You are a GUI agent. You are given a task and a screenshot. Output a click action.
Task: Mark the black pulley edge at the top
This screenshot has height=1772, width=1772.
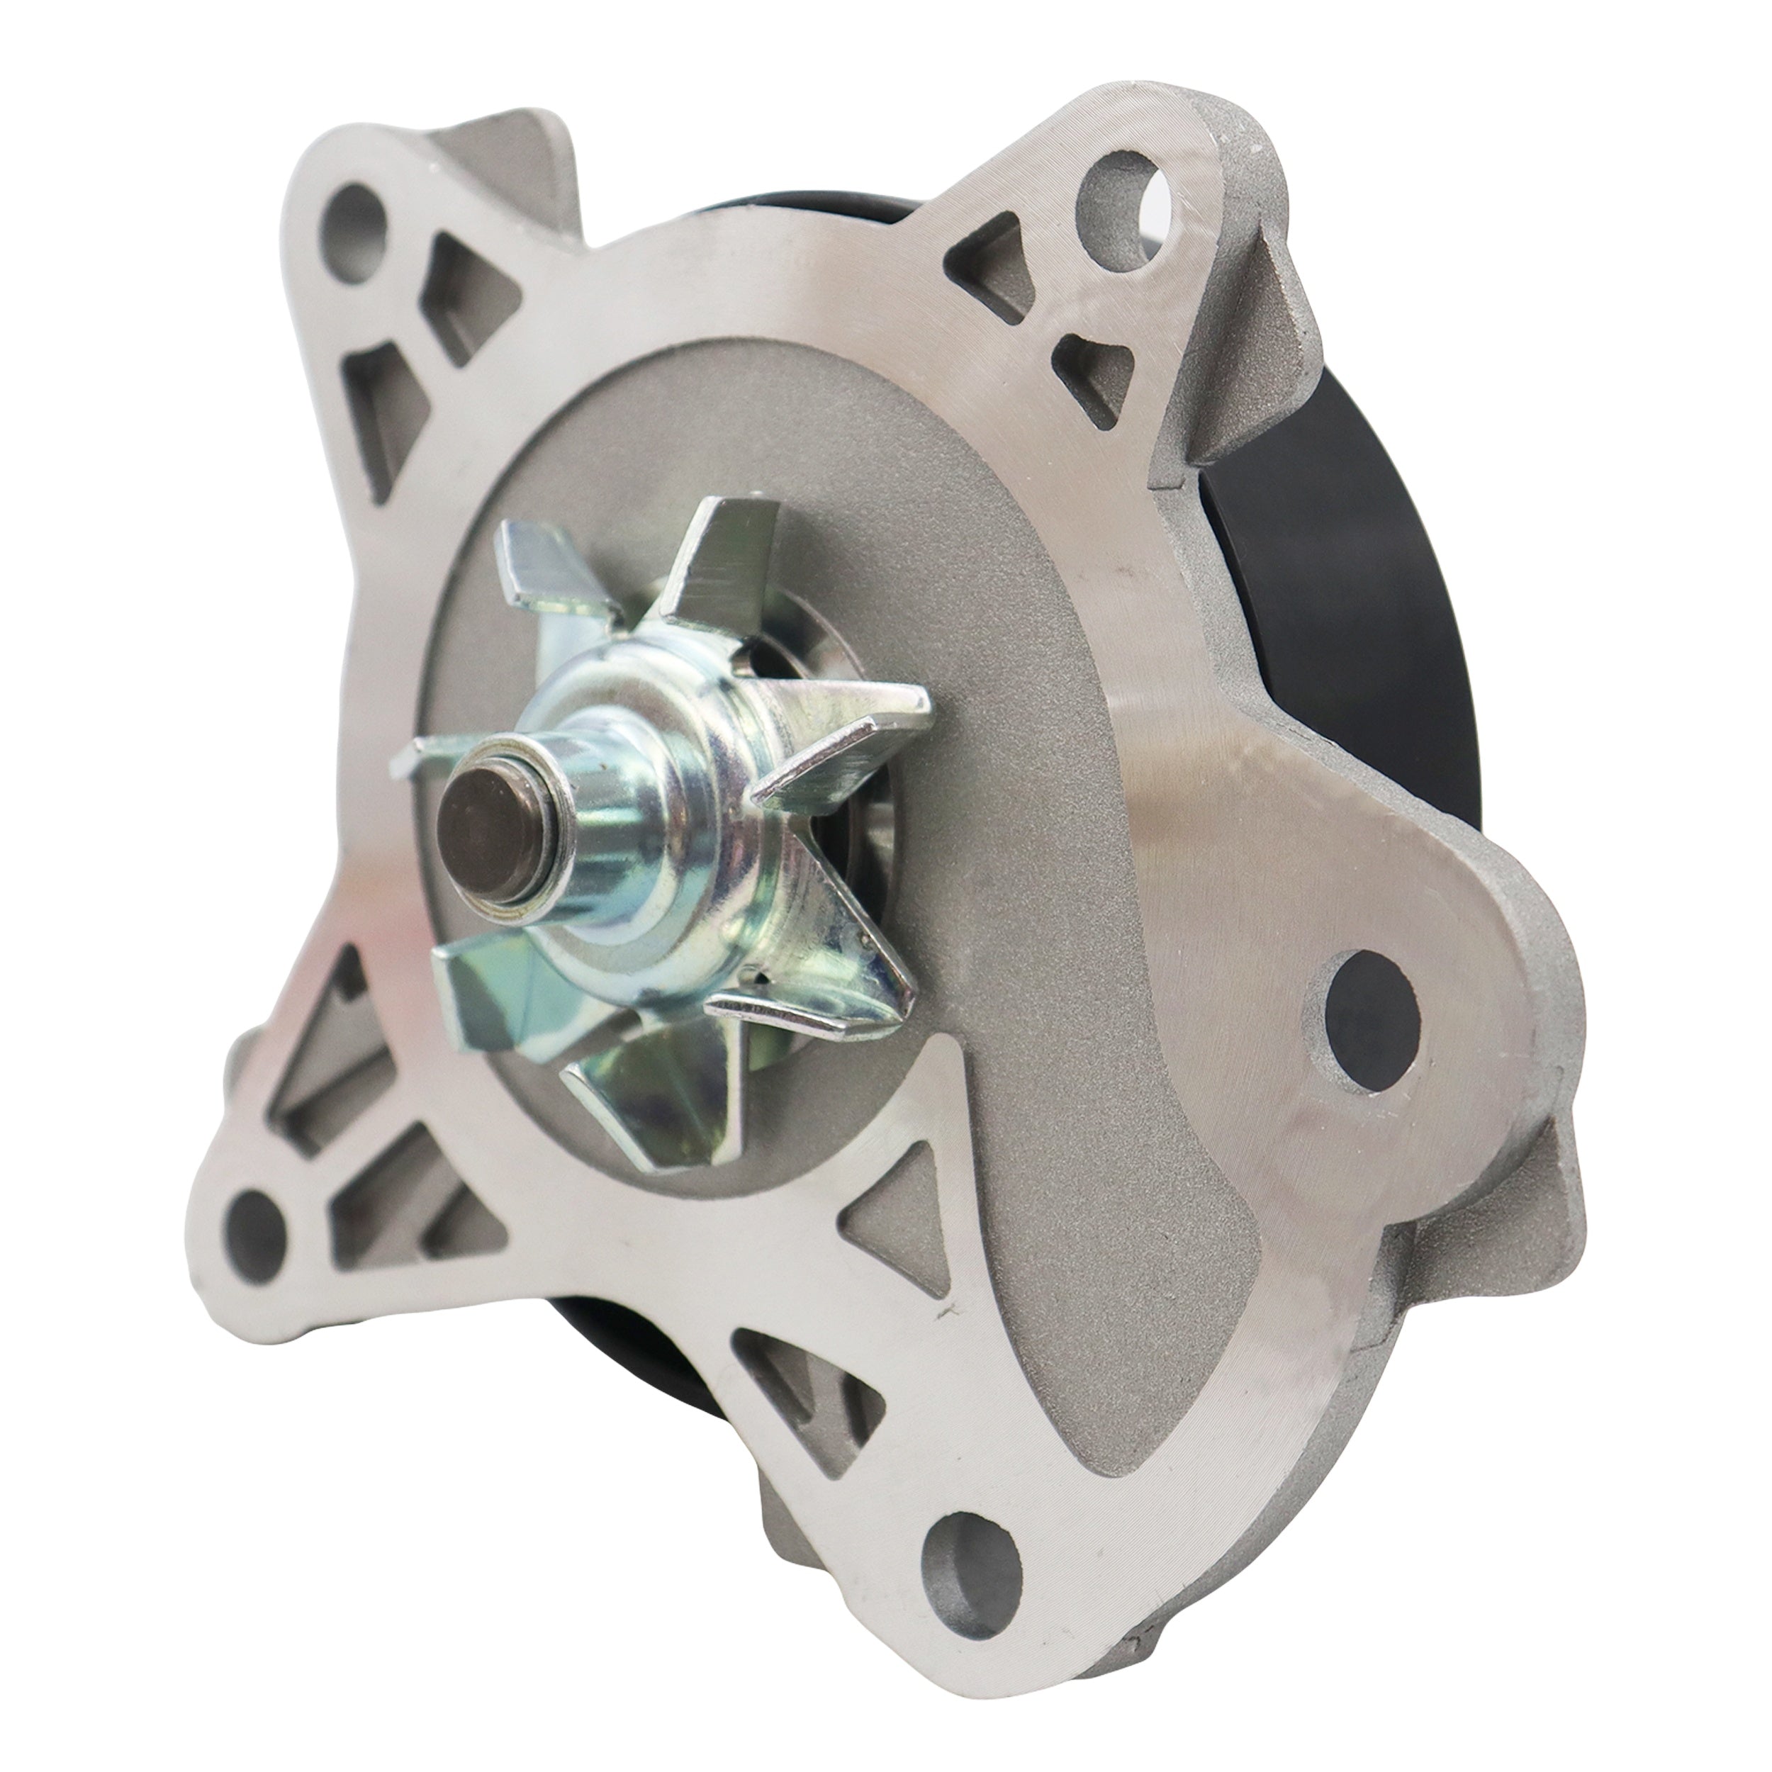point(807,220)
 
